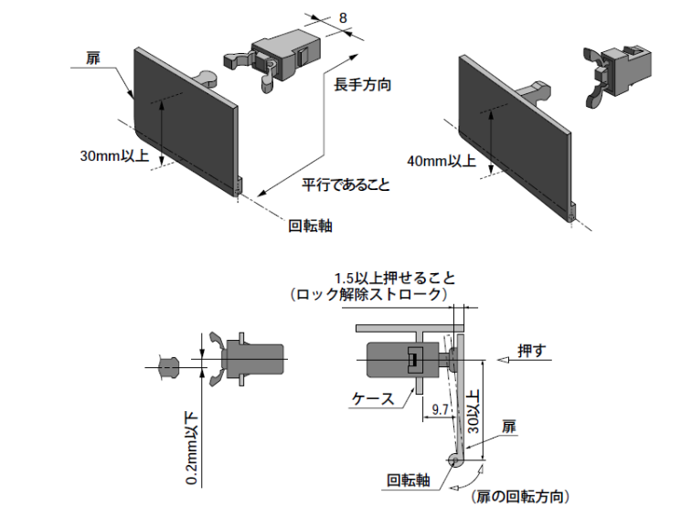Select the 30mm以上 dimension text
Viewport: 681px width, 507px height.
tap(113, 156)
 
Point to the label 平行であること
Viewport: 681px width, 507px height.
tap(346, 185)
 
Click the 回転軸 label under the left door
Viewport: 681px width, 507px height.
tap(310, 226)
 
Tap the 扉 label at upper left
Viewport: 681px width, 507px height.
tap(92, 58)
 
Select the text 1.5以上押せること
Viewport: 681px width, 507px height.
tap(395, 278)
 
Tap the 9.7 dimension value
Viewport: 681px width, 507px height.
tap(441, 410)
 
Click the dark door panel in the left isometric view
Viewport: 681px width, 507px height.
tap(183, 119)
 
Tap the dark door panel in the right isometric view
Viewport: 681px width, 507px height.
tap(512, 137)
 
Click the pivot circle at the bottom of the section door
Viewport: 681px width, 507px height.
tap(454, 459)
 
